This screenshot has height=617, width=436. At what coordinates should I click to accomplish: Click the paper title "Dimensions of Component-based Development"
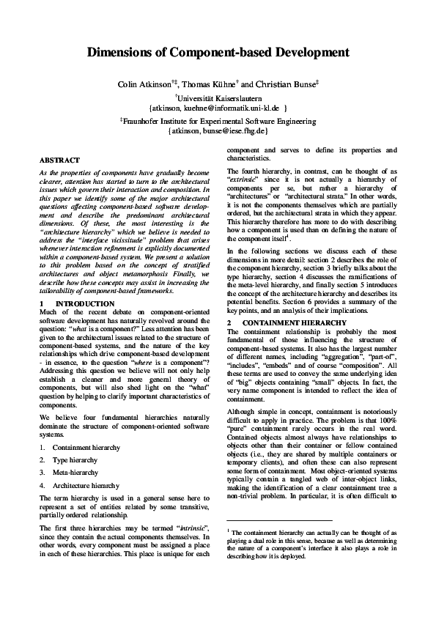[218, 53]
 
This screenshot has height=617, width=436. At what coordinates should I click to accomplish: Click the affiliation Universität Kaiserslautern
[218, 97]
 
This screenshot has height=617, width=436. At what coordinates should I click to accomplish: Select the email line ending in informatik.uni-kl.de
[218, 107]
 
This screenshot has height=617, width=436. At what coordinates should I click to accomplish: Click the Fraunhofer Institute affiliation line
[218, 121]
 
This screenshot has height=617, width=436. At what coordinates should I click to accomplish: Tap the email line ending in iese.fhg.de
[218, 130]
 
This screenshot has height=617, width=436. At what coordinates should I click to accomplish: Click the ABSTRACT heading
[59, 160]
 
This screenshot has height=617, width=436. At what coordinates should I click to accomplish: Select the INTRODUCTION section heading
[85, 303]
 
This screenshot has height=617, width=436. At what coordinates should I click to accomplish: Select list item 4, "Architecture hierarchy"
[85, 485]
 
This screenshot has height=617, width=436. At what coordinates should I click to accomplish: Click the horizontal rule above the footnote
[271, 517]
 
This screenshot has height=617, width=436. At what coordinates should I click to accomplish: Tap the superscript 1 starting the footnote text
[229, 530]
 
